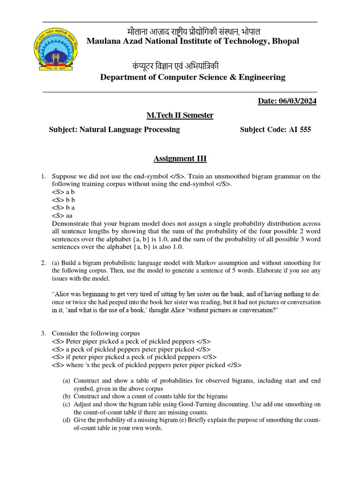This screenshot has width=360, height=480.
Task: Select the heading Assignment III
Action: pyautogui.click(x=180, y=158)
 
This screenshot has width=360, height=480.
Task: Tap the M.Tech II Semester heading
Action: pyautogui.click(x=180, y=115)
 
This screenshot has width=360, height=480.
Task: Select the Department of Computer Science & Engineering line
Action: pyautogui.click(x=192, y=77)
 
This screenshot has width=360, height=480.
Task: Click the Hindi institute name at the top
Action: pyautogui.click(x=194, y=31)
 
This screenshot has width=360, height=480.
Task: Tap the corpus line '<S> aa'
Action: pyautogui.click(x=62, y=216)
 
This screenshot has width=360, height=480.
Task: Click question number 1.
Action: pyautogui.click(x=43, y=176)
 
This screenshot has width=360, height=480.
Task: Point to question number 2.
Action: pyautogui.click(x=43, y=263)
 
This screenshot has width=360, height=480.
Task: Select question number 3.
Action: pyautogui.click(x=43, y=333)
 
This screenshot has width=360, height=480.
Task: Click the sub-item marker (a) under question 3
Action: pyautogui.click(x=66, y=381)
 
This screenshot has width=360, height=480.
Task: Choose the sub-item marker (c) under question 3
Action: pyautogui.click(x=66, y=404)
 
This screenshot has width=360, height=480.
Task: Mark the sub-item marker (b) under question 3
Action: pyautogui.click(x=66, y=397)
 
